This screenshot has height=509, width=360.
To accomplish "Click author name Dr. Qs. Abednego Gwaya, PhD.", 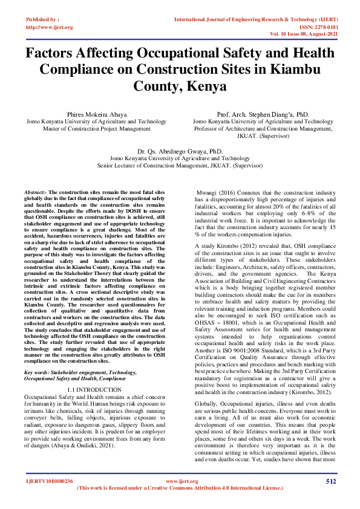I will (180, 151).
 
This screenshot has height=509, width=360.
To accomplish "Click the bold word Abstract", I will (35, 191).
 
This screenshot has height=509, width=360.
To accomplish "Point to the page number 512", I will (331, 481).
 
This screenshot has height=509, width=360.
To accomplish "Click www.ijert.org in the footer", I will (179, 481).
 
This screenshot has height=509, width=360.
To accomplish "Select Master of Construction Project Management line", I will (96, 128).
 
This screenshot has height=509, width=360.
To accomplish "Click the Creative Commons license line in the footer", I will (179, 488).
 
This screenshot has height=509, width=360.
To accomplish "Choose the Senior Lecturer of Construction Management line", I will (180, 164).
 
